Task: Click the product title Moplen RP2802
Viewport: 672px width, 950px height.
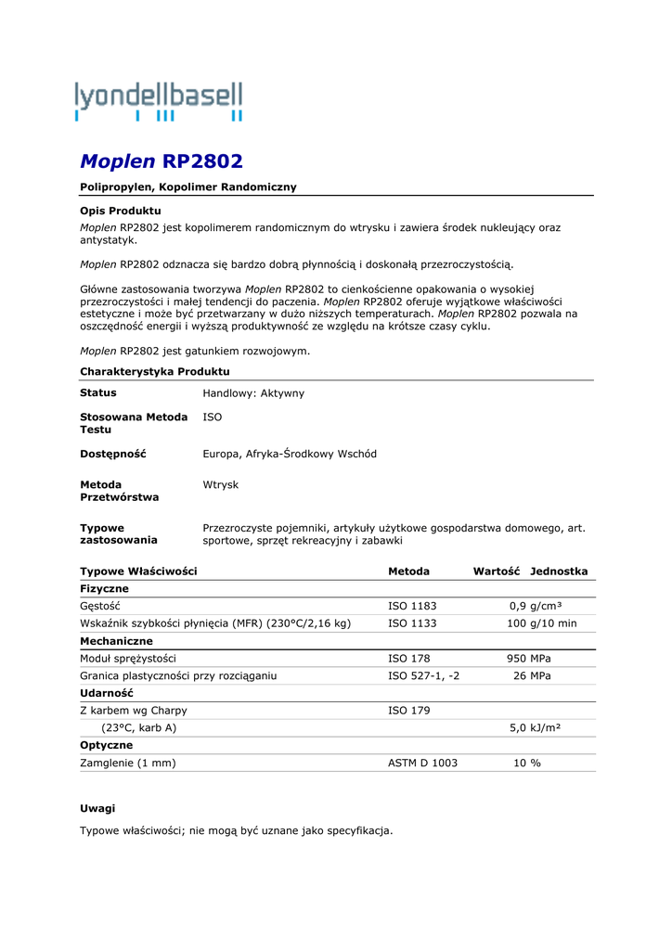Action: [x=162, y=161]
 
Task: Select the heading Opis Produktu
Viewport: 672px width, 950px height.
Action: [x=121, y=211]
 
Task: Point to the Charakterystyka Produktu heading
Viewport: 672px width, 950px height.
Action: [x=155, y=371]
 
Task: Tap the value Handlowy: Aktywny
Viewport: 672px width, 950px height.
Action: [x=253, y=393]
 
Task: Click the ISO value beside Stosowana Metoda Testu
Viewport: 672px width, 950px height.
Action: [x=213, y=417]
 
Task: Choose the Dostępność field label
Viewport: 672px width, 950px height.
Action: [x=113, y=454]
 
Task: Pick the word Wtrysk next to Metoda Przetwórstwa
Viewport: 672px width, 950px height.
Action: [x=221, y=484]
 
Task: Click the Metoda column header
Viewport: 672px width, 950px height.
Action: [x=408, y=571]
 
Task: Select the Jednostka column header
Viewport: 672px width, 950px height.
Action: [x=559, y=571]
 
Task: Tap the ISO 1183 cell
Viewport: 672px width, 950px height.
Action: [x=412, y=606]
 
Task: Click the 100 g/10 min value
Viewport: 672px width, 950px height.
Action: [x=541, y=623]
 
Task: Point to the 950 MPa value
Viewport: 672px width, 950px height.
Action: [x=528, y=659]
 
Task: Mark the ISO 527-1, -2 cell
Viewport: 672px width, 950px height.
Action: [x=423, y=676]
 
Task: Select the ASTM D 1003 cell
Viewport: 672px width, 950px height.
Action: [x=422, y=763]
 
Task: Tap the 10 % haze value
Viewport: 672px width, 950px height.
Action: [x=527, y=763]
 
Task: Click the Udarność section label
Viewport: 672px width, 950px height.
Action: [x=107, y=693]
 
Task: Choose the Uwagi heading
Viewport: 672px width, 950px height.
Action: [x=97, y=808]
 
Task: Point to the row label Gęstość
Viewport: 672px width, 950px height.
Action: [x=100, y=606]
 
